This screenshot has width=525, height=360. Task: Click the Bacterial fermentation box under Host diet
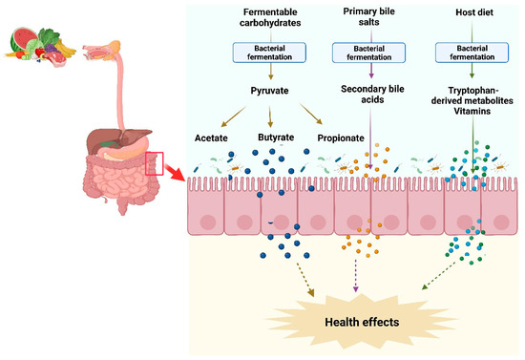(469, 52)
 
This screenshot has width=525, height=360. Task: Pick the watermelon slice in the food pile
(24, 44)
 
